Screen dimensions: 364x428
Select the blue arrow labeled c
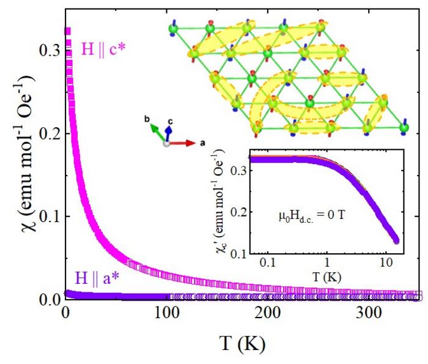(x=169, y=135)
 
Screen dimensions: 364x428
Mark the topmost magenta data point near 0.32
(x=68, y=31)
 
